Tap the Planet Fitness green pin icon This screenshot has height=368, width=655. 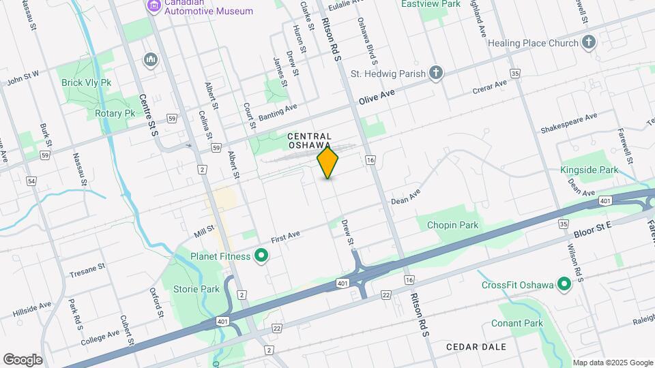(261, 256)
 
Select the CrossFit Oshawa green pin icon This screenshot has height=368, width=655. (564, 284)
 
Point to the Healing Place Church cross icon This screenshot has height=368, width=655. (589, 43)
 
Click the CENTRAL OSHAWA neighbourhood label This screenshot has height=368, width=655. (309, 141)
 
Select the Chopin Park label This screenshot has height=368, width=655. (452, 225)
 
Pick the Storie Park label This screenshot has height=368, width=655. (196, 289)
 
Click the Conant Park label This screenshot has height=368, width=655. (520, 323)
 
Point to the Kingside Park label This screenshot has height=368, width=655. (589, 170)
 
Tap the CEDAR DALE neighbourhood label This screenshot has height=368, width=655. (476, 347)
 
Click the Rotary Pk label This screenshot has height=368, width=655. (115, 113)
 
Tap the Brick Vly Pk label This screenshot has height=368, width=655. (86, 82)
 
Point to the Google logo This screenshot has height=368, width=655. (23, 359)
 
